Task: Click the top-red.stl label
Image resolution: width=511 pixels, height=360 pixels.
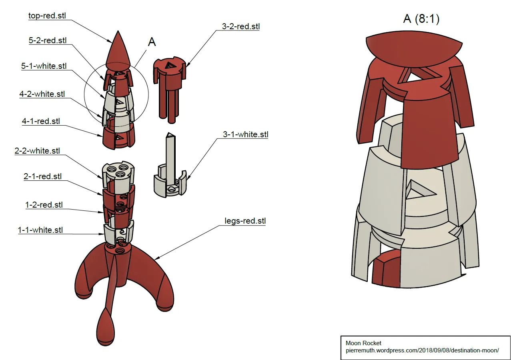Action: click(x=47, y=16)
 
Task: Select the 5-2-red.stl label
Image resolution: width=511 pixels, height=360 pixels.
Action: click(x=48, y=40)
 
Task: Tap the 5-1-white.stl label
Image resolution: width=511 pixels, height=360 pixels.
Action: click(x=44, y=66)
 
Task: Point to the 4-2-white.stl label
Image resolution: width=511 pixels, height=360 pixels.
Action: click(x=42, y=94)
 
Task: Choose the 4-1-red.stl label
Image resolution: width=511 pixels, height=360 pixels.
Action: click(x=41, y=121)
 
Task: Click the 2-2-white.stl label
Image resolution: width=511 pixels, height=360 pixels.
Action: click(x=37, y=151)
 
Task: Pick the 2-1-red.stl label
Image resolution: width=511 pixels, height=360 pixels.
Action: click(x=43, y=176)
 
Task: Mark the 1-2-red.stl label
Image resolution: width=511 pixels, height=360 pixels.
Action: click(x=44, y=205)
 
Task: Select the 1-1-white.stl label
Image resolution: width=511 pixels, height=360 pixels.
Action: click(x=40, y=230)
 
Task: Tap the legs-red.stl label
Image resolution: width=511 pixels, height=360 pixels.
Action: click(x=245, y=221)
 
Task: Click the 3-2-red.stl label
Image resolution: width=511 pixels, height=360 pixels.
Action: click(x=241, y=27)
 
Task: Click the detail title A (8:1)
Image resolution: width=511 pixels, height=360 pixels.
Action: click(x=421, y=18)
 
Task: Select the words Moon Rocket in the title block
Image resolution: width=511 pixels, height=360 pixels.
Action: click(x=363, y=343)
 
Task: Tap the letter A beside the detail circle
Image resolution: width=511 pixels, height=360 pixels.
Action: click(x=152, y=42)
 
